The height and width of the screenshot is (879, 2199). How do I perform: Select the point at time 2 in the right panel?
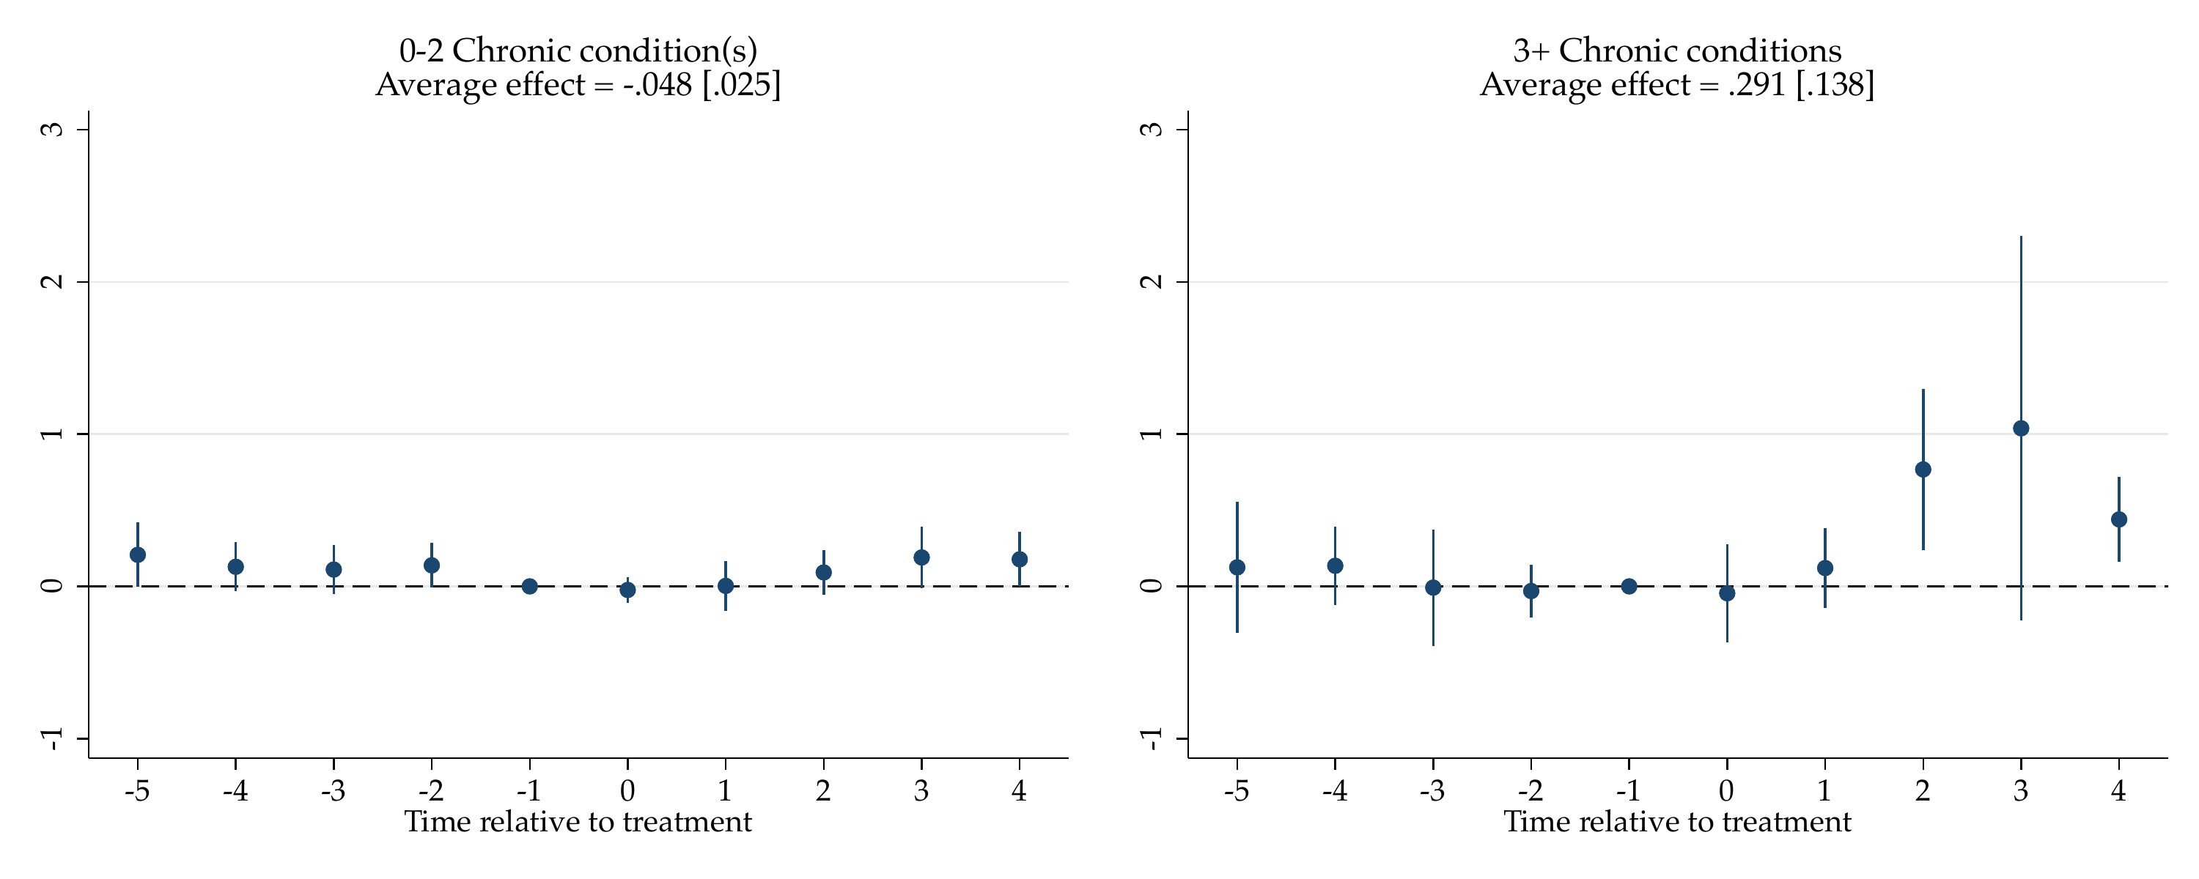1923,470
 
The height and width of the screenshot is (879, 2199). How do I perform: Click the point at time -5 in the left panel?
138,555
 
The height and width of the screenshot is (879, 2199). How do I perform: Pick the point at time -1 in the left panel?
529,586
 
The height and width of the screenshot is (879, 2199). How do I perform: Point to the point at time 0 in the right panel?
1727,593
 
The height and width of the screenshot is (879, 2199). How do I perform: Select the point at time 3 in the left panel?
921,557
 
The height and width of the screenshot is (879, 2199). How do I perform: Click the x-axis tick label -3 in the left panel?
333,791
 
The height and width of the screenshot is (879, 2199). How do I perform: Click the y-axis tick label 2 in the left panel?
52,281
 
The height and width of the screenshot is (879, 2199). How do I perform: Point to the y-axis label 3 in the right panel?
1152,129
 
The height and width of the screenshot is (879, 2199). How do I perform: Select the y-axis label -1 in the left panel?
52,739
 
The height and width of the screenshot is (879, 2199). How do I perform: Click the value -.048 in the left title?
658,84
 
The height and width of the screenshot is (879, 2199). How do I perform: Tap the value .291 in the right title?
1757,84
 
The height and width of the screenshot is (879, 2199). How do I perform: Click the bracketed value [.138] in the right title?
1835,84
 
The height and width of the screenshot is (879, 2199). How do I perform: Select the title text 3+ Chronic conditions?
1677,51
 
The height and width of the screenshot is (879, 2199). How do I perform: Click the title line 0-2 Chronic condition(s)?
578,51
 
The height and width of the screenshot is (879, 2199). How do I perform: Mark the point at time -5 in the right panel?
1237,568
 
